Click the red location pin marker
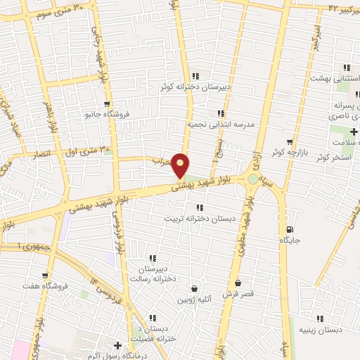pos(181,166)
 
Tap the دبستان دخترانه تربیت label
pos(198,218)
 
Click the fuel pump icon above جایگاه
pos(289,230)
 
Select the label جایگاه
pos(289,240)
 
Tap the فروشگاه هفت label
pos(44,286)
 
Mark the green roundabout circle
pos(252,180)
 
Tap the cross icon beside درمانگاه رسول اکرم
pos(117,345)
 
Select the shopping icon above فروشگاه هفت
pos(45,276)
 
